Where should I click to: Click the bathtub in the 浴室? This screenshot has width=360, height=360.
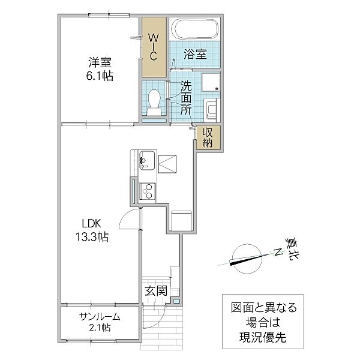pos(196,29)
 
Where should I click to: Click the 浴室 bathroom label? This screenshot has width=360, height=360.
pos(195,54)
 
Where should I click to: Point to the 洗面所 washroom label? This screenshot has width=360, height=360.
pos(186,98)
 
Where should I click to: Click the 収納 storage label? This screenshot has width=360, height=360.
pos(208,137)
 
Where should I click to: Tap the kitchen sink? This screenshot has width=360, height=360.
pos(147,160)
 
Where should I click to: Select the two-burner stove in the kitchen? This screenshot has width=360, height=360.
pos(147,191)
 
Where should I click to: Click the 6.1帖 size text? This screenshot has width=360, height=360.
pos(100,76)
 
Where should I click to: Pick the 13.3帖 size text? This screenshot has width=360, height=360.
pos(92,237)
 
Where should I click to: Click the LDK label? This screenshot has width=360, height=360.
pos(92,223)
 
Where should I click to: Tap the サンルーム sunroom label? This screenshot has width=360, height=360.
pos(100,317)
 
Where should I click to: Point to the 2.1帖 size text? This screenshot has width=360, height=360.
pos(100,328)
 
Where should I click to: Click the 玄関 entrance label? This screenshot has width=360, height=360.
pos(156,292)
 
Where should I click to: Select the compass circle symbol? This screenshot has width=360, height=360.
pos(247,259)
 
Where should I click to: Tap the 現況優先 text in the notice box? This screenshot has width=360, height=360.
pos(263,337)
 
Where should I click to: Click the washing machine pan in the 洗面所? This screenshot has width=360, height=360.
pos(211,82)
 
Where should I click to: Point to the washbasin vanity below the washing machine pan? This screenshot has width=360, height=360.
pos(212,110)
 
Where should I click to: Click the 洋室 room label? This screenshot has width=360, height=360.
pos(100,62)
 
